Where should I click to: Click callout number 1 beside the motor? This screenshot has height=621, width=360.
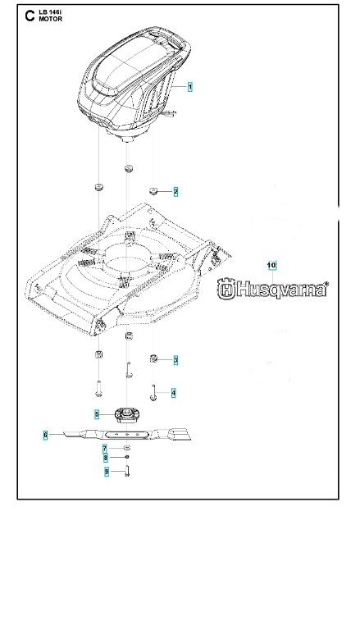coord(190,87)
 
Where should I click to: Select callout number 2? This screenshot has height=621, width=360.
coord(175,192)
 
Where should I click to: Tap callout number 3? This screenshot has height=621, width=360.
coord(175,360)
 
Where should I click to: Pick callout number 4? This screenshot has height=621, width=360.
coord(174,393)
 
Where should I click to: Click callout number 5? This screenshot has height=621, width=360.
coord(97,414)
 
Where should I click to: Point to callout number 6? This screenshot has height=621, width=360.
coord(46,436)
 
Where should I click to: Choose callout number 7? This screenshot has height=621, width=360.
coord(104,449)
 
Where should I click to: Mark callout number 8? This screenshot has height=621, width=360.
coord(105,459)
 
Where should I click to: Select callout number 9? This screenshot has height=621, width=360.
coord(107,472)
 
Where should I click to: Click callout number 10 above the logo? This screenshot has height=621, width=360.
coord(272,265)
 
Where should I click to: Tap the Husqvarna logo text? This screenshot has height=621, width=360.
coord(272,289)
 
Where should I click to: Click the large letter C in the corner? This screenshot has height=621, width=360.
coord(30,16)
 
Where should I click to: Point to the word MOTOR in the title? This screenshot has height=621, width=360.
coord(50,19)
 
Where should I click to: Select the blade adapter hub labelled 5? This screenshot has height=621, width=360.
coord(127,416)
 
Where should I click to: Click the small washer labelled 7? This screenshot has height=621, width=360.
coord(127,448)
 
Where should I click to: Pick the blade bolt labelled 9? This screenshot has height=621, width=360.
coord(127,471)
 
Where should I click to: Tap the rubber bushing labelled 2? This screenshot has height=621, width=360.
coord(154,192)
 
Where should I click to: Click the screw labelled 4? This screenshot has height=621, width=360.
coord(153,393)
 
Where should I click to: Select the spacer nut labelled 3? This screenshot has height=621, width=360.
coord(154,358)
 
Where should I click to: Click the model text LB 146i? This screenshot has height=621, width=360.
coord(50,13)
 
